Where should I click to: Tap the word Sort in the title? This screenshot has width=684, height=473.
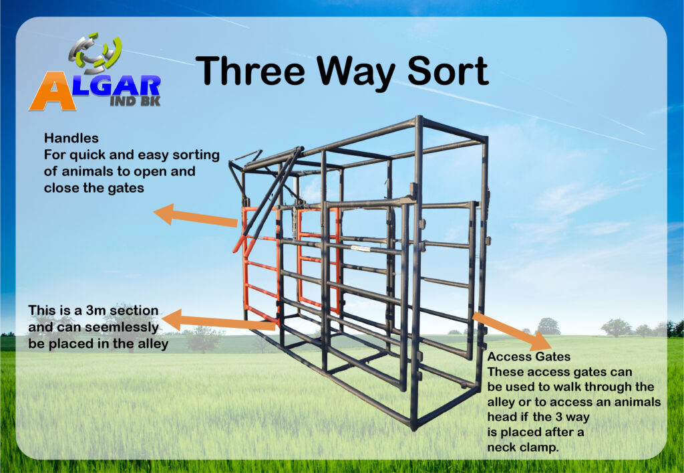[x=448, y=70]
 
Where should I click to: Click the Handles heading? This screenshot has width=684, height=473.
[x=71, y=138]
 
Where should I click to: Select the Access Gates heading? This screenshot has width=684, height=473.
[x=529, y=357]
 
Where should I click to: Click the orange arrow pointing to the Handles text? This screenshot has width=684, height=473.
[x=196, y=215]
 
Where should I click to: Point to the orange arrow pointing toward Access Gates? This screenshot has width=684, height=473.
[x=511, y=330]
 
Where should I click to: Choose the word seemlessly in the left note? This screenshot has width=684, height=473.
[x=120, y=327]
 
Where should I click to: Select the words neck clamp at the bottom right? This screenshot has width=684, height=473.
[x=522, y=448]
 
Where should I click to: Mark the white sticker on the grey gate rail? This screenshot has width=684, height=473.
[x=360, y=248]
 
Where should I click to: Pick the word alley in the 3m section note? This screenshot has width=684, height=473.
[x=153, y=344]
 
